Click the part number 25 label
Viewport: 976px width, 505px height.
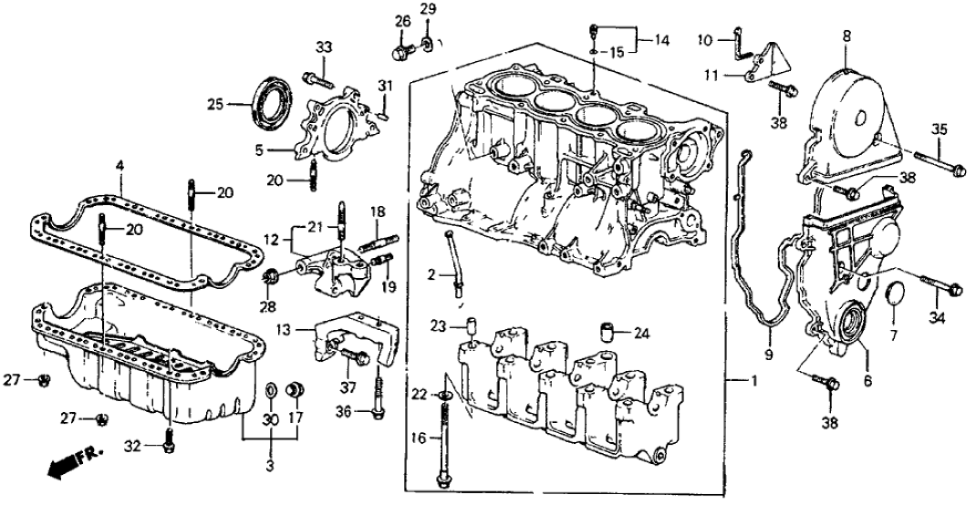(213, 106)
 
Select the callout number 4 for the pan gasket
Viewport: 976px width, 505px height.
(119, 165)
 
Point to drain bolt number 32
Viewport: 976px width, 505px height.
(167, 446)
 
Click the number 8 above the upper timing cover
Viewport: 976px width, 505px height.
(846, 36)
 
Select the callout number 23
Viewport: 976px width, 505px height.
(437, 325)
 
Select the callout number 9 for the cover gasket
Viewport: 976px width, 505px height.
(768, 354)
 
